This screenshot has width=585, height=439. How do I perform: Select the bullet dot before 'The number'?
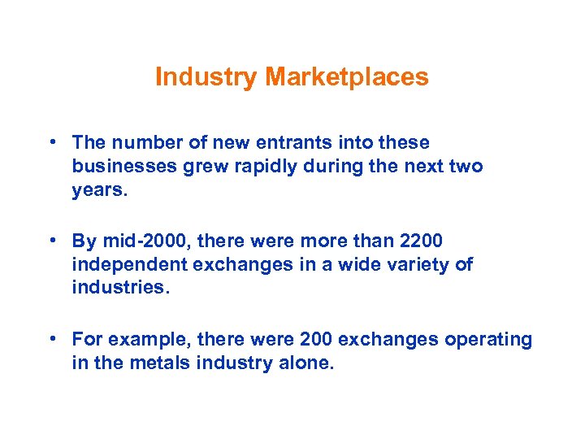click(x=51, y=142)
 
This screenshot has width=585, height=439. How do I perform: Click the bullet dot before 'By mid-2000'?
click(x=51, y=241)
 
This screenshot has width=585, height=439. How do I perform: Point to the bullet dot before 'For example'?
click(x=51, y=338)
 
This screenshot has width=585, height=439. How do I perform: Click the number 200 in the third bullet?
click(x=316, y=338)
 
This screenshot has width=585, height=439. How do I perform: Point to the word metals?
click(x=155, y=362)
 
